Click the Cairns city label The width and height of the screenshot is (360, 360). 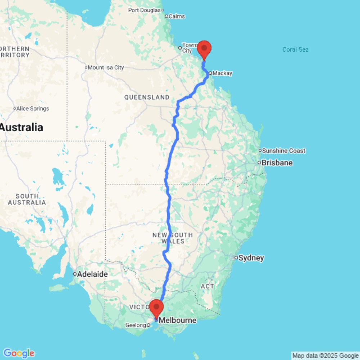[177, 16]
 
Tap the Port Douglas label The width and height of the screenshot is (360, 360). [144, 10]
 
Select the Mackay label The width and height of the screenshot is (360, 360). [222, 73]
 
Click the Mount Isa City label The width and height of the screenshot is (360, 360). [106, 67]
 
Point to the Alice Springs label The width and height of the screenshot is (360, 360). [33, 109]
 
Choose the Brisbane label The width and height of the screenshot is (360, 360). [277, 163]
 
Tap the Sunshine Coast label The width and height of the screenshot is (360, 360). [284, 150]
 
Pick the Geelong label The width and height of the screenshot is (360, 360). [136, 325]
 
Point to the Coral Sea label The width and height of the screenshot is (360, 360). [295, 50]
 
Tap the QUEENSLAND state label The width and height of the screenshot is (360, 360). [147, 97]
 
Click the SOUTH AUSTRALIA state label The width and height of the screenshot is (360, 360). [27, 199]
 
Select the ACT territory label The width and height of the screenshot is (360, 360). [208, 286]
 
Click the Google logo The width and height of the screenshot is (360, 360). [19, 353]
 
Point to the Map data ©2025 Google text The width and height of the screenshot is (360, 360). [325, 356]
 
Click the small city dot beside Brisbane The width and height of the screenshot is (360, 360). [259, 163]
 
